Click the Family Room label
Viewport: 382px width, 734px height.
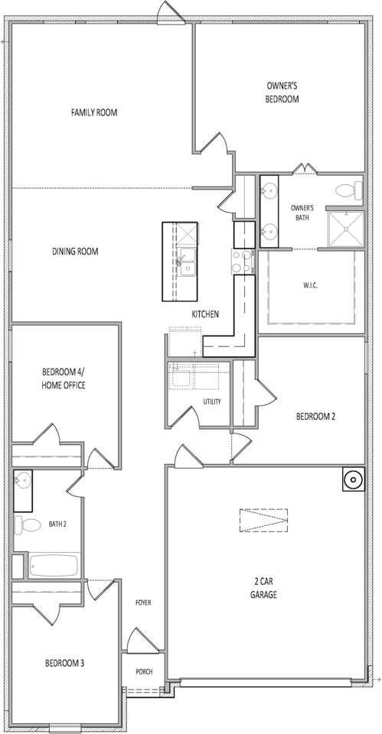(93, 112)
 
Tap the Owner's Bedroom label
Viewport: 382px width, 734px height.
(282, 93)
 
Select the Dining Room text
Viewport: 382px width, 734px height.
(75, 251)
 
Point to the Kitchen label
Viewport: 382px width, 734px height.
(205, 314)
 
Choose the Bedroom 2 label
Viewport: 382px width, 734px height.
(316, 417)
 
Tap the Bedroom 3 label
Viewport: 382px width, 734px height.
(64, 662)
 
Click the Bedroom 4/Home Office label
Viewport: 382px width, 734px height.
(64, 378)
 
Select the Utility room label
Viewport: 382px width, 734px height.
(212, 401)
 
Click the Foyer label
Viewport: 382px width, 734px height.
(143, 602)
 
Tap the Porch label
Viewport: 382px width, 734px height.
(144, 671)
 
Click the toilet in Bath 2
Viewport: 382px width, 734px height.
(29, 525)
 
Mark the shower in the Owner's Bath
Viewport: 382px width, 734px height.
(344, 229)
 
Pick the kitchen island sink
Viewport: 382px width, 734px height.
(186, 261)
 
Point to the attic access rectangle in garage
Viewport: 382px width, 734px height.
(263, 520)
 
